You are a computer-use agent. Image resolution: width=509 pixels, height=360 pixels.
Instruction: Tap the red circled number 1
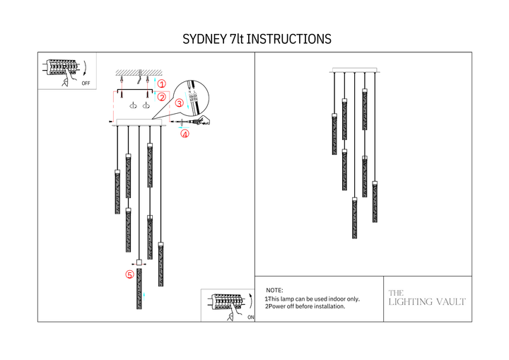point(161,83)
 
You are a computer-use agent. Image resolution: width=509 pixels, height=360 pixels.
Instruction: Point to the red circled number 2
point(161,97)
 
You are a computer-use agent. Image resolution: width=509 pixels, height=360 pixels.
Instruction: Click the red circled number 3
point(179,103)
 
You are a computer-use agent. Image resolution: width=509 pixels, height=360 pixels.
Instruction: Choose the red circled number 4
point(185,134)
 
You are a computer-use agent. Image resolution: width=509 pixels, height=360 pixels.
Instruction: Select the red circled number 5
point(129,274)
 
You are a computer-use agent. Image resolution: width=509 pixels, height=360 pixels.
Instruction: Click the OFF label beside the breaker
point(86,83)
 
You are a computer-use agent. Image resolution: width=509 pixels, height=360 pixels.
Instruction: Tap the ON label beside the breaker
point(251,318)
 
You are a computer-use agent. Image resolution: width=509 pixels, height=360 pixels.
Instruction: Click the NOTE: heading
point(274,291)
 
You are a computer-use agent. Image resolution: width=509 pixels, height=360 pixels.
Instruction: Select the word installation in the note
point(329,307)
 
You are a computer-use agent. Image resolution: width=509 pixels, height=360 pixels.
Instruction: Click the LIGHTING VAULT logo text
point(427,302)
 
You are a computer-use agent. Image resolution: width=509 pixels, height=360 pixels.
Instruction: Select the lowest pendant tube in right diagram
point(355,219)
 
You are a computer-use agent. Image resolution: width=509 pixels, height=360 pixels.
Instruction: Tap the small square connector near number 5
point(139,262)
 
